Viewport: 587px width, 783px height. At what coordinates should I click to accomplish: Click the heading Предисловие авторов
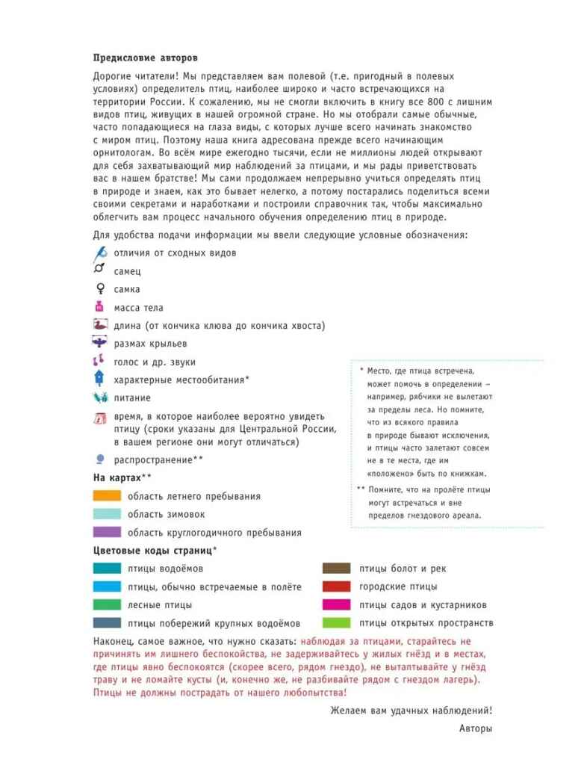146,58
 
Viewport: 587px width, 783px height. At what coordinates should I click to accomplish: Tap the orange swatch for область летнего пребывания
107,495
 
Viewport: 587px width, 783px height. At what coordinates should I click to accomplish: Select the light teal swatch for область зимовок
107,514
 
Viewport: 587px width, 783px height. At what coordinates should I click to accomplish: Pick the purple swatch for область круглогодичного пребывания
107,532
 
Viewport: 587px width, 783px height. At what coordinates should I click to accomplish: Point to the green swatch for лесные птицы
107,604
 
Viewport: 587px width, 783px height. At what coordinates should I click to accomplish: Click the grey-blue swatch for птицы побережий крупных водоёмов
107,622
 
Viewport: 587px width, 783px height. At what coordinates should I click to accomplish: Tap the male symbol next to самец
99,270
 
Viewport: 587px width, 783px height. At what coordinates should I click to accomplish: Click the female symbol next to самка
99,289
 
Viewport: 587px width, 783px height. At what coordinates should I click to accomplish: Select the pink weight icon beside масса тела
99,307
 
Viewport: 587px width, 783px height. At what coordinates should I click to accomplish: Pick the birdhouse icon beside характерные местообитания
99,380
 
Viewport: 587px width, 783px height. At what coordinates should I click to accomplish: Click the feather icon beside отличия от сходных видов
100,253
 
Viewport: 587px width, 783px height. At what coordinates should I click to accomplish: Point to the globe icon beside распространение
99,459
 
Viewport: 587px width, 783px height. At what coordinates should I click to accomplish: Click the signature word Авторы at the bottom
476,728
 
